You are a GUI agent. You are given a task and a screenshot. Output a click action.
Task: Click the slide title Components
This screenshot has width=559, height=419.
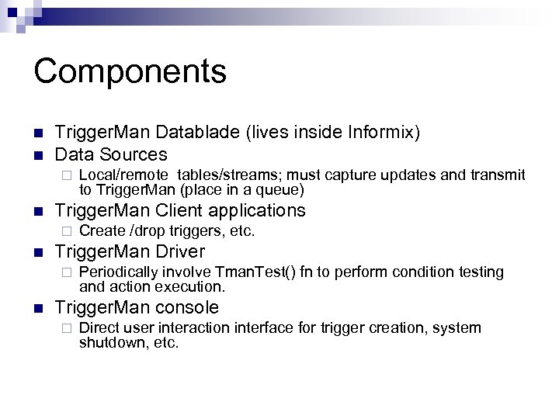(130, 71)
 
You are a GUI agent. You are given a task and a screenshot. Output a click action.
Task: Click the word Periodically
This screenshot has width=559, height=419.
(118, 272)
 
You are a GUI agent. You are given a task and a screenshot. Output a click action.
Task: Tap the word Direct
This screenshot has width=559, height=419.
(98, 328)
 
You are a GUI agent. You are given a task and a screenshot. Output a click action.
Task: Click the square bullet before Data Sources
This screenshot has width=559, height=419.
(38, 154)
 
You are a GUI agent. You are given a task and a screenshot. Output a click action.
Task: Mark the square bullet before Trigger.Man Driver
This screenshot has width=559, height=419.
(38, 252)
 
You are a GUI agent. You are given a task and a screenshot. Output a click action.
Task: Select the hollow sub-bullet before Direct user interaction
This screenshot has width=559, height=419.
(68, 329)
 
